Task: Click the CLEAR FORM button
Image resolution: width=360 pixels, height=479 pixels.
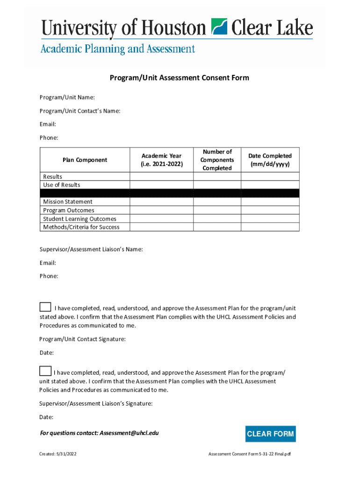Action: pos(270,434)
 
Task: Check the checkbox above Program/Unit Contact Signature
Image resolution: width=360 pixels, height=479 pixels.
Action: pos(45,307)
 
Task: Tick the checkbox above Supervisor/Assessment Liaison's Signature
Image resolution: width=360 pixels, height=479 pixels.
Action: pos(45,371)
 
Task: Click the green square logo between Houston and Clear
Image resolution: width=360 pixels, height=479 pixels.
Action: pos(219,27)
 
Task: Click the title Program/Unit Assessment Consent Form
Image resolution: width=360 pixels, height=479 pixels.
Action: pos(180,78)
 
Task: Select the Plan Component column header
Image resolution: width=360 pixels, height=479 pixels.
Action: pos(85,160)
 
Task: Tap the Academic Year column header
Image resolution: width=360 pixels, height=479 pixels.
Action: pos(162,160)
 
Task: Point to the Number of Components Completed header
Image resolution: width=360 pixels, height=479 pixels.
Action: pos(217,160)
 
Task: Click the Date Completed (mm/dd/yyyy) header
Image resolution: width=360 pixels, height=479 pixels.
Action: pos(270,160)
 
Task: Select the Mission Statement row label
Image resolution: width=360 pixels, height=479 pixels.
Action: pos(68,202)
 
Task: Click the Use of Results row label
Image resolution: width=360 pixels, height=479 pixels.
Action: pos(62,185)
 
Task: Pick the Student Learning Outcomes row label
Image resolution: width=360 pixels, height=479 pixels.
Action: pos(79,219)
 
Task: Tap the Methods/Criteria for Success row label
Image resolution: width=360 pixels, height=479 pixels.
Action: pos(81,227)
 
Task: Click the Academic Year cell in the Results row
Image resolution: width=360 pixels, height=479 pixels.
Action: pos(162,176)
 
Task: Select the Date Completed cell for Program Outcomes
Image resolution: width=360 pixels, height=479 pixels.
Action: pos(270,210)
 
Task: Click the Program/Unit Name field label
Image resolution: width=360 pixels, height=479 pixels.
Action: pos(67,97)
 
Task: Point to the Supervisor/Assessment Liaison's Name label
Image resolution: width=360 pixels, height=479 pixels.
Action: pos(91,249)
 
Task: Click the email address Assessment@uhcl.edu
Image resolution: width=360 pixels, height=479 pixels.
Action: pos(129,433)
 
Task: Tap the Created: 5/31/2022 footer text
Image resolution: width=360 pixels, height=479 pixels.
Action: pos(58,454)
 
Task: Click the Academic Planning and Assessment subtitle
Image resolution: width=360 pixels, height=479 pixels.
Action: pos(117,49)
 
